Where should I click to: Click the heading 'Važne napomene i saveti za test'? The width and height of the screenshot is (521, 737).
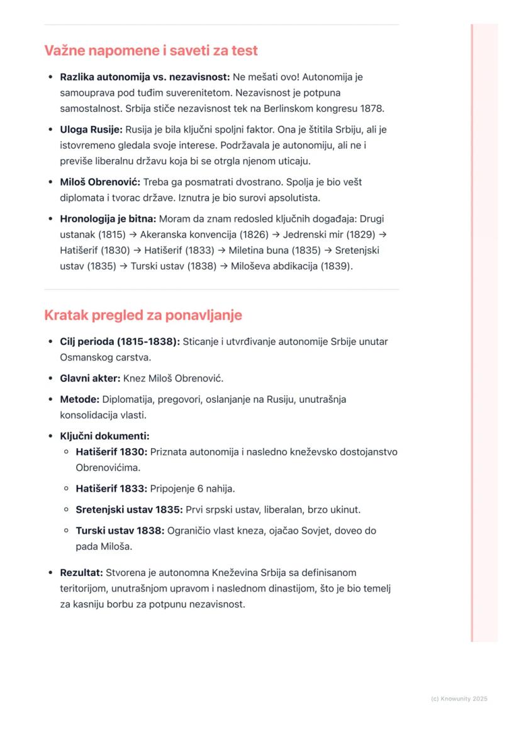[151, 50]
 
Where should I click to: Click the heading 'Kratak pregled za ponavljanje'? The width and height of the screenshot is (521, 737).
[143, 315]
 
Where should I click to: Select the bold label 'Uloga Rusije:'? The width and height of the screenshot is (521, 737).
[91, 130]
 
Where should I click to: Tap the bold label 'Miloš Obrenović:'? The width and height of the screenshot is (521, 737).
[100, 182]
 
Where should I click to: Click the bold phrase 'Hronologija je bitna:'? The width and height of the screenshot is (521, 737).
[108, 219]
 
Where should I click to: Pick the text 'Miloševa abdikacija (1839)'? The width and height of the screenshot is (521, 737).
[291, 266]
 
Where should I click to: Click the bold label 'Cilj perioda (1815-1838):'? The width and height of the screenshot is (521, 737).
[120, 342]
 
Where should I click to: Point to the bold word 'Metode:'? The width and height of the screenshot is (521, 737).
[79, 400]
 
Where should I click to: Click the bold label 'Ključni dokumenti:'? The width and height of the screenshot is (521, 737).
[104, 436]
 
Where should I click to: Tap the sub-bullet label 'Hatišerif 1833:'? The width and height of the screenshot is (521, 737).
[111, 488]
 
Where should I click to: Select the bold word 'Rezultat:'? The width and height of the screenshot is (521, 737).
[81, 573]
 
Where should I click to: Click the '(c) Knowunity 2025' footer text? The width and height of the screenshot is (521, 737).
[459, 699]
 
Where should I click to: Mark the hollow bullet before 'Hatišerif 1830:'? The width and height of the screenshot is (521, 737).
[66, 452]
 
